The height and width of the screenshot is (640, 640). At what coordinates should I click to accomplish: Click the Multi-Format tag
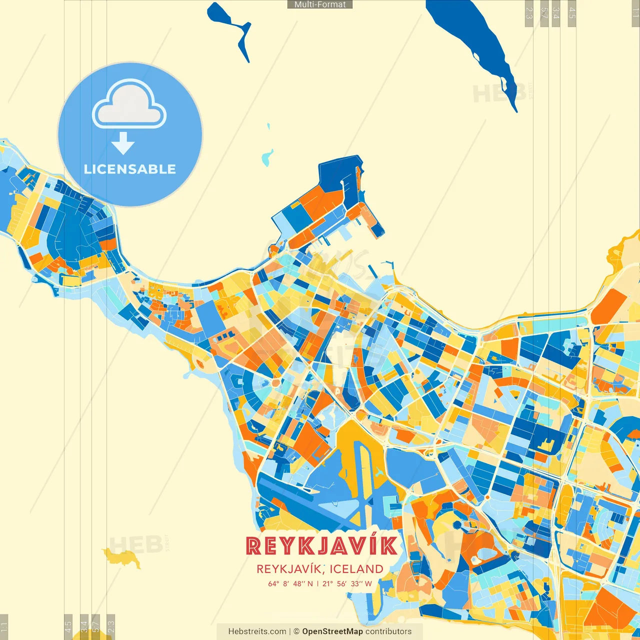320,4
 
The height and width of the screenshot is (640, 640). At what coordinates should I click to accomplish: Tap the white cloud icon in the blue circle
129,104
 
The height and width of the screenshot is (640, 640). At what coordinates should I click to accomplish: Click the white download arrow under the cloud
123,143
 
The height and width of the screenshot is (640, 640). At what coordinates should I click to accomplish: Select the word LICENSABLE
130,169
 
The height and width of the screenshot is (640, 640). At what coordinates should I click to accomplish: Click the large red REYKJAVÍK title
322,546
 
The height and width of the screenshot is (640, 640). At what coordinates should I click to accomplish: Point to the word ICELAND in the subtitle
356,569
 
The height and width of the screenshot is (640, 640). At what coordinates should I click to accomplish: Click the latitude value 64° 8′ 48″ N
290,583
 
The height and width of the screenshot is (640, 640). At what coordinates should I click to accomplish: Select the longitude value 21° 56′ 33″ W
347,583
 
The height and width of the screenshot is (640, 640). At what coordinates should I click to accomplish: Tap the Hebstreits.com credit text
257,631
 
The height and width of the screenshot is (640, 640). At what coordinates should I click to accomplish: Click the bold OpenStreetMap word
332,631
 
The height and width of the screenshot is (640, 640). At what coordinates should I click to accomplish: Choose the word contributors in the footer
388,631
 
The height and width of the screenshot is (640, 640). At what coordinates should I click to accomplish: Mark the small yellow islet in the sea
122,556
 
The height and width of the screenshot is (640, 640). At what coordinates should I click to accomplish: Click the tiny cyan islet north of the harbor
267,158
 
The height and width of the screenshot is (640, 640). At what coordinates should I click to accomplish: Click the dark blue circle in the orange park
457,524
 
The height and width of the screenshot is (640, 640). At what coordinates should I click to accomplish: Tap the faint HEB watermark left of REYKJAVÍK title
135,545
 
